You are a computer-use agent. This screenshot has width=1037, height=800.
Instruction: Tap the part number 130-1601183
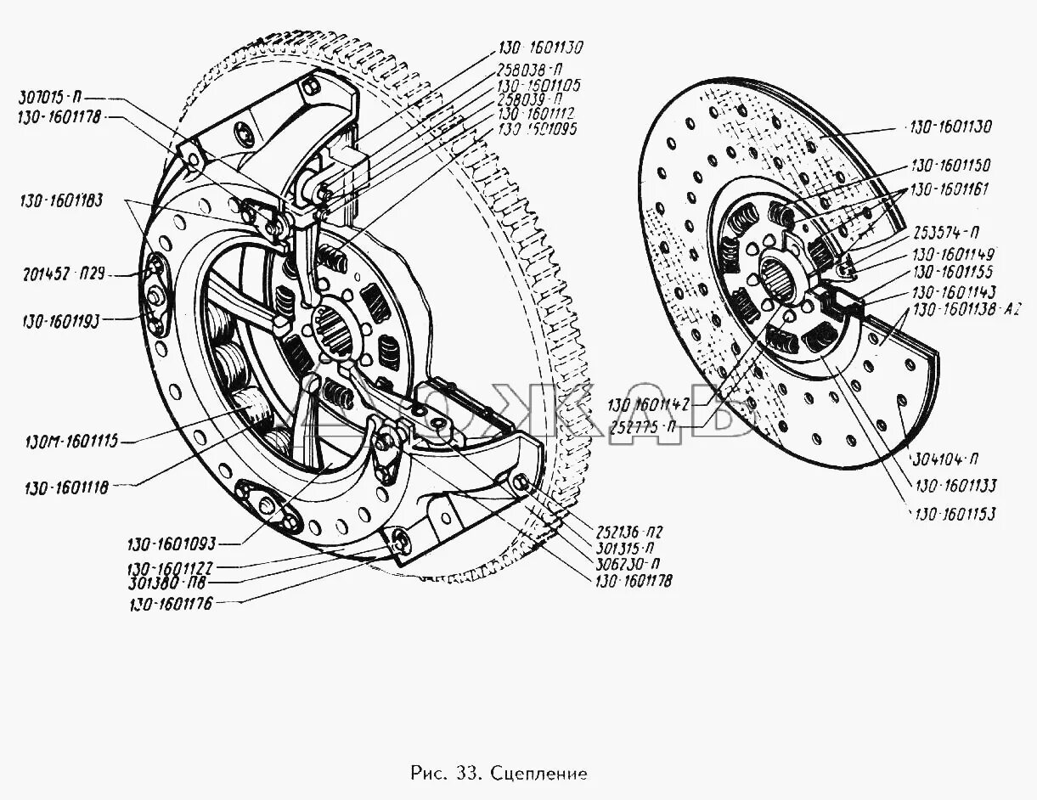(63, 201)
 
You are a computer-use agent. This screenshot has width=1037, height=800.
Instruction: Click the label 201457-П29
(63, 273)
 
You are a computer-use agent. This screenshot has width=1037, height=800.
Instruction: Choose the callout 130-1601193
(63, 320)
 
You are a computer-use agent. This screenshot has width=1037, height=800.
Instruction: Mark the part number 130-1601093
(173, 544)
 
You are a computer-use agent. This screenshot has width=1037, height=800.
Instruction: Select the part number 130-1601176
(171, 604)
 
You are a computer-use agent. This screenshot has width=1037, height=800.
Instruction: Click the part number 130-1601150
(950, 166)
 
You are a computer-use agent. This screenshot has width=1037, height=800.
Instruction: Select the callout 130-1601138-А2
(966, 311)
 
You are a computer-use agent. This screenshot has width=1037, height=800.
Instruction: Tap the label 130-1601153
(954, 514)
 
